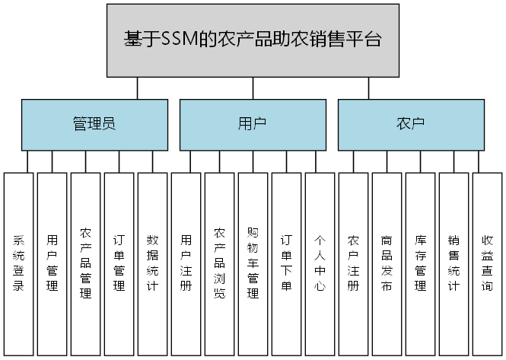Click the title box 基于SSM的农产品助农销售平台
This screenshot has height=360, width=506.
coord(253,40)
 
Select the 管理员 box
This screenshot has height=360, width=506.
coord(94,124)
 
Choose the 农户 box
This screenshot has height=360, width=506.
coord(410,124)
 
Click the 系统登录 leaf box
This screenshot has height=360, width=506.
coord(19,263)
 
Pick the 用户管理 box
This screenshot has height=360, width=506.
coord(53,263)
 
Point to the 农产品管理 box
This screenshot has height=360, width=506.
coord(86,263)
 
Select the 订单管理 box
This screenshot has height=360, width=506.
coord(119,263)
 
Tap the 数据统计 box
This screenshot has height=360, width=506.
coord(152,263)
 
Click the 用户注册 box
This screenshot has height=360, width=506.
coord(186,263)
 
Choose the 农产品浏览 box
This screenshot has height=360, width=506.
coord(220,263)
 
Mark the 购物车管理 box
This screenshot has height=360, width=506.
coord(253,263)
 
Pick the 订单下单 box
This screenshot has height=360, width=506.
coord(287,263)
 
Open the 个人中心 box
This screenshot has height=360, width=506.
coord(320,263)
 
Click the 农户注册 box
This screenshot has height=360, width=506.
coord(353,263)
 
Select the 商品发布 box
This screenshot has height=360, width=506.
coord(387,263)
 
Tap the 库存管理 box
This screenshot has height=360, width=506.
coord(420,263)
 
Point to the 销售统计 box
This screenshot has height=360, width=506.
coord(453,263)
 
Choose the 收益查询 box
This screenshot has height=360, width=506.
coord(487,263)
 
